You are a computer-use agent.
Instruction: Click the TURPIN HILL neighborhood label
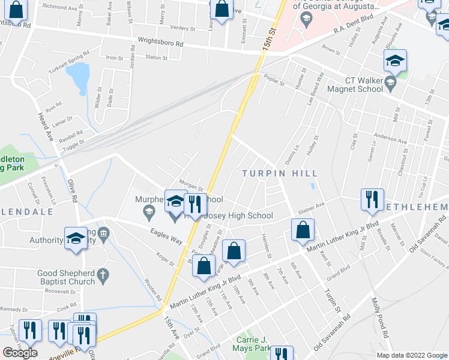pos(280,173)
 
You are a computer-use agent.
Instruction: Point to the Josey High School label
pos(239,215)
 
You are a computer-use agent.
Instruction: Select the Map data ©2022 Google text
pos(412,355)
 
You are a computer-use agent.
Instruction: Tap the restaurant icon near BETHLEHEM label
pos(372,199)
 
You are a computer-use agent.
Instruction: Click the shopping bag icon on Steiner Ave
pos(302,230)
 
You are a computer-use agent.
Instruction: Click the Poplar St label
pos(273,82)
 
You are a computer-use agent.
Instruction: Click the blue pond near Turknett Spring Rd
pos(77,79)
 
